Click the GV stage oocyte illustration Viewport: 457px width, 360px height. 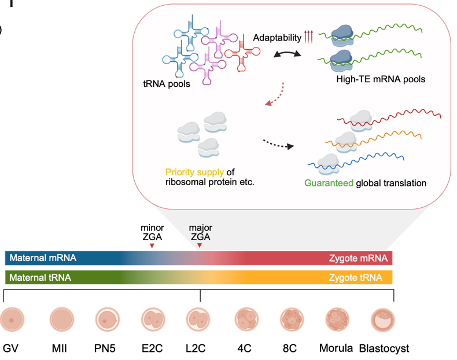point(12,319)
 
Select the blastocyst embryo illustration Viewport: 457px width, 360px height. point(383,319)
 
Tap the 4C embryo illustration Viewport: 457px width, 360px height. point(246,319)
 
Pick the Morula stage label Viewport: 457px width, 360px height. point(336,348)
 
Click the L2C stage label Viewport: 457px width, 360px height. point(196,348)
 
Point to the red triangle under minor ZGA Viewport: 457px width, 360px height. point(152,246)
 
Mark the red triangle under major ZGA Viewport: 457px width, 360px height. point(200,245)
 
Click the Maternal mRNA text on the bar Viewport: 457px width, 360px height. point(43,258)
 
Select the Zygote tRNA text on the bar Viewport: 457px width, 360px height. point(356,277)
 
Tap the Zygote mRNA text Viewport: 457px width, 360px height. point(359,258)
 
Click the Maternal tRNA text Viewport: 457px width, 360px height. point(40,277)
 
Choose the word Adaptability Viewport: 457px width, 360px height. point(277,38)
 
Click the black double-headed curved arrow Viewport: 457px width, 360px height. point(288,53)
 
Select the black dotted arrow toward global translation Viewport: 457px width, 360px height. point(279,144)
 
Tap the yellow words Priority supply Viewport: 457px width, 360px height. point(194,172)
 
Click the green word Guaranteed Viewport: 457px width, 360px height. point(329,183)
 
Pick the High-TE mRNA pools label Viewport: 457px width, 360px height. point(381,79)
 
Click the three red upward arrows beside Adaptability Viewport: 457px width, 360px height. point(308,37)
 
